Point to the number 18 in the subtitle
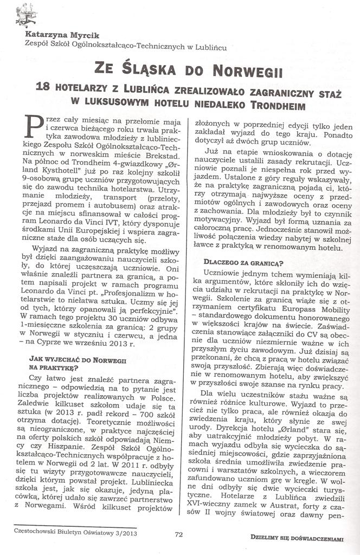coord(42,87)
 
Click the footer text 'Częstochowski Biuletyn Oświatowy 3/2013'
coord(75,532)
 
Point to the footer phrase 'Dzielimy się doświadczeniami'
coord(297,538)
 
